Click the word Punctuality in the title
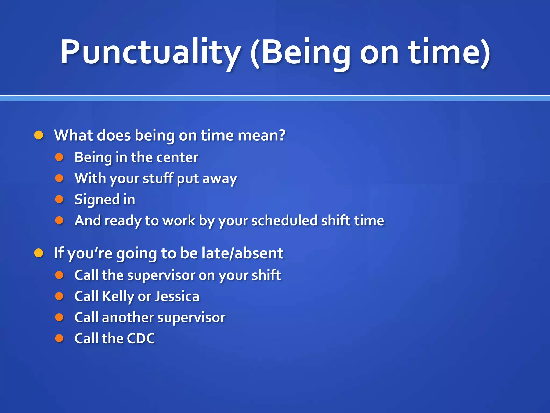coord(150,52)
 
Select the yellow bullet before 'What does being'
coord(39,135)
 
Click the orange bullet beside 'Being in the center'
coord(59,157)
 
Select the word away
coord(219,179)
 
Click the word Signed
coord(97,200)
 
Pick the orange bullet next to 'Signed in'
coord(59,199)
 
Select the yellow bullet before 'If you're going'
coord(39,253)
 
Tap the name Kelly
coord(118,297)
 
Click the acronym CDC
coord(141,339)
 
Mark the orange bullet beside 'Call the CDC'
coord(59,338)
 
